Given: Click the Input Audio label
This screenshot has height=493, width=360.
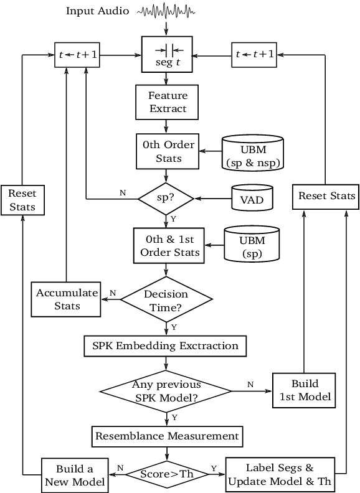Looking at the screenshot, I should point(97,11).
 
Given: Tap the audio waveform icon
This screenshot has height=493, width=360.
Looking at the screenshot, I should point(166,11).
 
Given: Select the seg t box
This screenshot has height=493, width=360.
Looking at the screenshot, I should point(167,55).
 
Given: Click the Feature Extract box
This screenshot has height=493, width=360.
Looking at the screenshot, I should point(167,102).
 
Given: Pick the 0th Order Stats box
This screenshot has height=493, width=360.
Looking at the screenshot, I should point(167,151).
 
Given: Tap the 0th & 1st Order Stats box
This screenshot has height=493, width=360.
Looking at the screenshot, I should point(167,246).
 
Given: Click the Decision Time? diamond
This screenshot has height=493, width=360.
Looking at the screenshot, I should point(166,300).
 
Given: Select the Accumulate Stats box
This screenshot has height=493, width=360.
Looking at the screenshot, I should point(67,299).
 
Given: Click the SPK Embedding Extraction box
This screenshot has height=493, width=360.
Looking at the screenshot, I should point(165,345).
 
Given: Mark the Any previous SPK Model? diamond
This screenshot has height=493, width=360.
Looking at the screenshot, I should point(166,391).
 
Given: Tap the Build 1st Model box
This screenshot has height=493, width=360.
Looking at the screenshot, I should point(305,390).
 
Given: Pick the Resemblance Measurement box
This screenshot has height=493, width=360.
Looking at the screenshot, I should point(166,436).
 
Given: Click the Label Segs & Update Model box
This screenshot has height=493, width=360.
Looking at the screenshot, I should point(280,475).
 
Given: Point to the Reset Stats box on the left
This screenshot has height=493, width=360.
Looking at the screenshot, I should point(22,200).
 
